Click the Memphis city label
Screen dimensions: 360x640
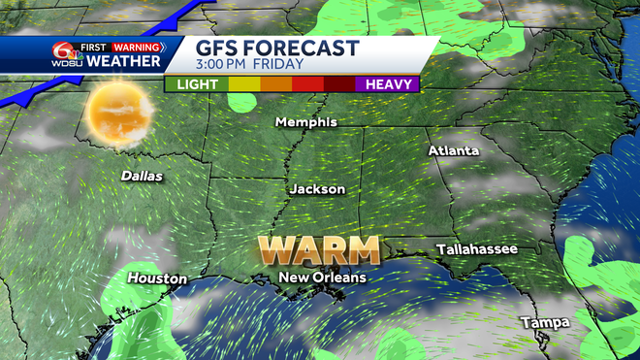click(x=306, y=122)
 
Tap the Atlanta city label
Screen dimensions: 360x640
click(x=454, y=151)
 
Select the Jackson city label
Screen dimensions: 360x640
click(x=316, y=189)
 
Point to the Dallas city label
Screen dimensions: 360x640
click(x=142, y=177)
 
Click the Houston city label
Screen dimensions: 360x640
click(x=157, y=278)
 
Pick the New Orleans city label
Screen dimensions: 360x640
click(x=323, y=278)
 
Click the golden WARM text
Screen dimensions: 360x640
click(x=319, y=250)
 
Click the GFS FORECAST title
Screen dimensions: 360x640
click(x=277, y=49)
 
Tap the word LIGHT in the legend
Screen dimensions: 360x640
click(x=198, y=84)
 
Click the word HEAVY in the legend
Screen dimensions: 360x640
click(x=391, y=84)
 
